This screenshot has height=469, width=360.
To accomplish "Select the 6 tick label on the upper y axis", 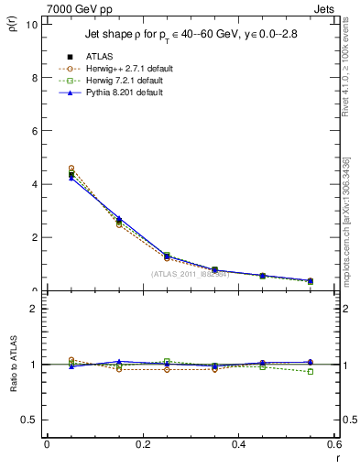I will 35,131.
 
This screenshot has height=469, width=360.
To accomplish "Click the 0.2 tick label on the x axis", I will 143,443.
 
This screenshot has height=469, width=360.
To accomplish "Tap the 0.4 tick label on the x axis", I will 239,443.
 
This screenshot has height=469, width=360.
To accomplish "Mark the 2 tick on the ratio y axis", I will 35,309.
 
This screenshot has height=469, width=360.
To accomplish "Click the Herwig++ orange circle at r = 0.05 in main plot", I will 71,169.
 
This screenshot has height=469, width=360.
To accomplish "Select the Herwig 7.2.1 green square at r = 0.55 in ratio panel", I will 311,372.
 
